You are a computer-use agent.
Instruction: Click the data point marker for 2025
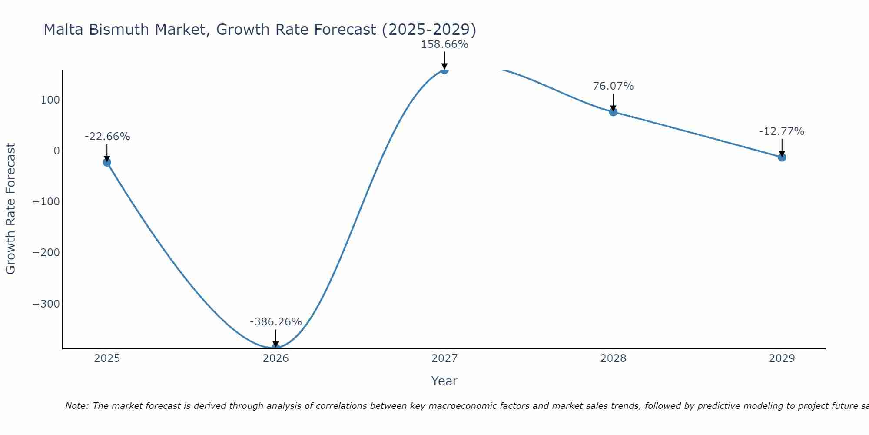107,162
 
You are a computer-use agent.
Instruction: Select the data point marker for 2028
613,112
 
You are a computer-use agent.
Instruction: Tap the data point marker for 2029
782,157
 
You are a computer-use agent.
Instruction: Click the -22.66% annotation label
107,137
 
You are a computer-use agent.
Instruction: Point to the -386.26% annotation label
275,322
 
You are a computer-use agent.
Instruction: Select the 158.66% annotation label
444,44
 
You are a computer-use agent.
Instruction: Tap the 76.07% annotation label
613,86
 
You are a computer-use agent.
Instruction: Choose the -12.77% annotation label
782,131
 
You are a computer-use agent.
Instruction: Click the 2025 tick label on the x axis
107,358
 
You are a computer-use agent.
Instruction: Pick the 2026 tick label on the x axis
275,358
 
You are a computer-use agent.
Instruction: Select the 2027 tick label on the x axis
444,358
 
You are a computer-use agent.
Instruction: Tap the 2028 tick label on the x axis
613,358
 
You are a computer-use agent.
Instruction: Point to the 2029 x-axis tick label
782,358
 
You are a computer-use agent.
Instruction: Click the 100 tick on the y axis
50,100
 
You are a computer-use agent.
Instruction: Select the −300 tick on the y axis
46,304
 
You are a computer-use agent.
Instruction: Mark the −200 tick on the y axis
46,253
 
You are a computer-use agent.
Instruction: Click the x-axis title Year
444,381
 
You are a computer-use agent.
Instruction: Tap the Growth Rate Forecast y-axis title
10,208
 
